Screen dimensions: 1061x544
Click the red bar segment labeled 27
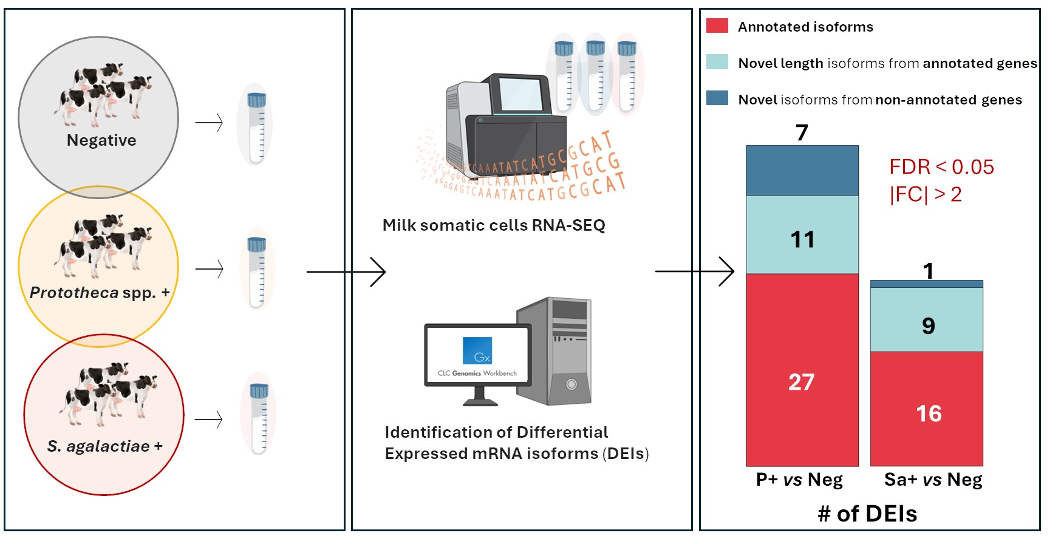point(802,370)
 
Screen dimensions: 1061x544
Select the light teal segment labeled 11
point(802,234)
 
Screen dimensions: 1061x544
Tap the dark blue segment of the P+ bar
point(802,171)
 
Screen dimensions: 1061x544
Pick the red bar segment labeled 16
point(926,409)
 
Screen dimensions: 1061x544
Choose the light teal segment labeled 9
point(926,319)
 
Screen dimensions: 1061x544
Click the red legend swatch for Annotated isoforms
point(717,25)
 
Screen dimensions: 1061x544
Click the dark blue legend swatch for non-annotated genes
point(717,98)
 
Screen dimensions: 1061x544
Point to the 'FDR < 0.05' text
point(941,167)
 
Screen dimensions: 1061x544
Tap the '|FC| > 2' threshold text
point(926,194)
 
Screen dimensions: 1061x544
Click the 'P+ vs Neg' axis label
point(799,480)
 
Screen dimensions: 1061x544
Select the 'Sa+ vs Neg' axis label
point(933,480)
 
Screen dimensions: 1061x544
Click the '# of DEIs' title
point(867,514)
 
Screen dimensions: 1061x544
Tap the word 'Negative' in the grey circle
point(101,140)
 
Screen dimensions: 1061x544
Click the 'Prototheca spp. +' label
point(100,293)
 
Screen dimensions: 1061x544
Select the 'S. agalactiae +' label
point(105,446)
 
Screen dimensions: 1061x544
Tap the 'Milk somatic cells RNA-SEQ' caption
point(494,225)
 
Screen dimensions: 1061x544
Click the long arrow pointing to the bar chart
point(695,271)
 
